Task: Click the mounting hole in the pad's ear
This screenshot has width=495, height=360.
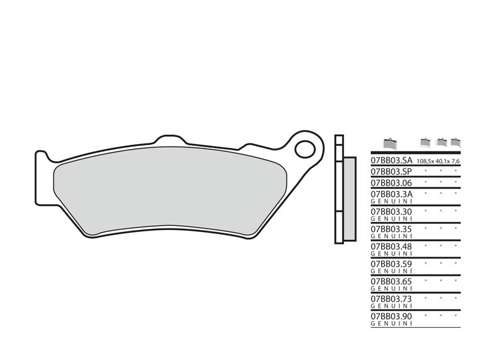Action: pyautogui.click(x=304, y=148)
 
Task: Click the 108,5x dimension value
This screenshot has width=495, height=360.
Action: pyautogui.click(x=426, y=161)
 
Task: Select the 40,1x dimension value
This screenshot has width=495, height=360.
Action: pyautogui.click(x=442, y=161)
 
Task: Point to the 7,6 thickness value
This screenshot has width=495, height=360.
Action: pyautogui.click(x=456, y=161)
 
